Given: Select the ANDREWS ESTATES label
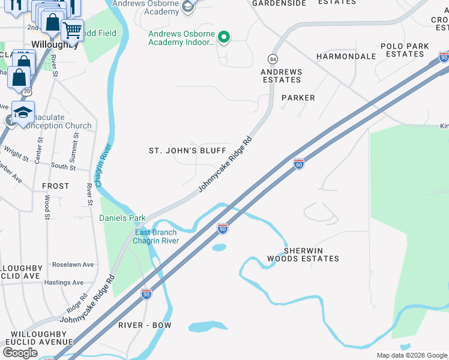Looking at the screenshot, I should (281, 76).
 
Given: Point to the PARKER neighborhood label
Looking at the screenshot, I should (298, 98).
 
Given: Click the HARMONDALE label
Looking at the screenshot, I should (346, 56).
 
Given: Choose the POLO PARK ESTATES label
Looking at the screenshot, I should (405, 50).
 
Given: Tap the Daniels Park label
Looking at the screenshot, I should (122, 218).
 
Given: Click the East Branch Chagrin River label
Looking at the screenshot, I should (156, 236).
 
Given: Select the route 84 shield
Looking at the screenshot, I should (273, 59).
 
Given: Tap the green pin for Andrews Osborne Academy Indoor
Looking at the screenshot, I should (224, 38).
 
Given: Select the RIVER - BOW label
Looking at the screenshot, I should (145, 325).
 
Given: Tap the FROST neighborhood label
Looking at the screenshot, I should (56, 187).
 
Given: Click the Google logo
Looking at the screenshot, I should (20, 353).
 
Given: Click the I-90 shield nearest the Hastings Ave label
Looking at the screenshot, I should (146, 293).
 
